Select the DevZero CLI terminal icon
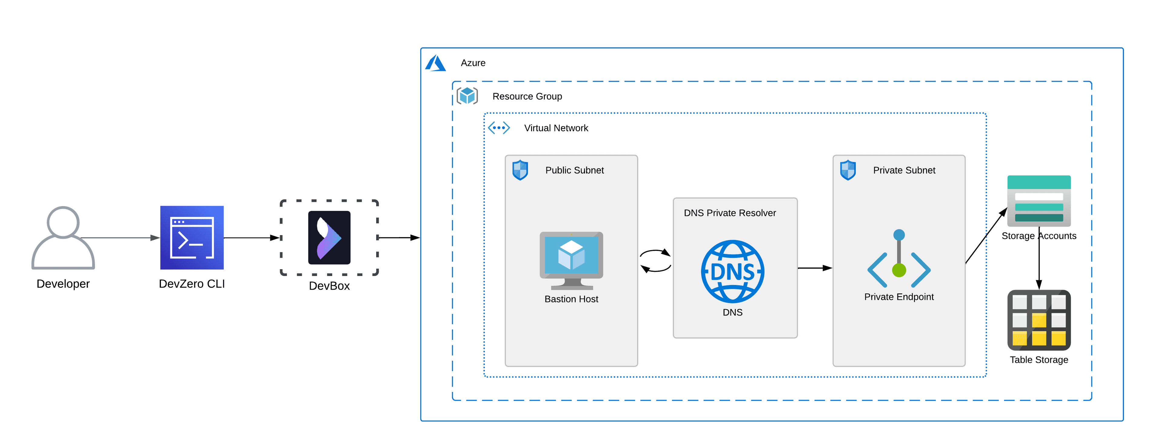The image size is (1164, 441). (x=192, y=238)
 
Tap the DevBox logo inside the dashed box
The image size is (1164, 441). (x=329, y=238)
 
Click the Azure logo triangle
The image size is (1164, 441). (x=435, y=63)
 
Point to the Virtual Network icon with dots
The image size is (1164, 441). (x=499, y=128)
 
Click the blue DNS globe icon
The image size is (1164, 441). (x=732, y=271)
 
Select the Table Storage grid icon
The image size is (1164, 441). (x=1039, y=320)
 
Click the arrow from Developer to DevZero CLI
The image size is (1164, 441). (x=120, y=238)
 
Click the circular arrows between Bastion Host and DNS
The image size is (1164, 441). (x=655, y=260)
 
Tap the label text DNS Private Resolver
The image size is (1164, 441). (x=729, y=213)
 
